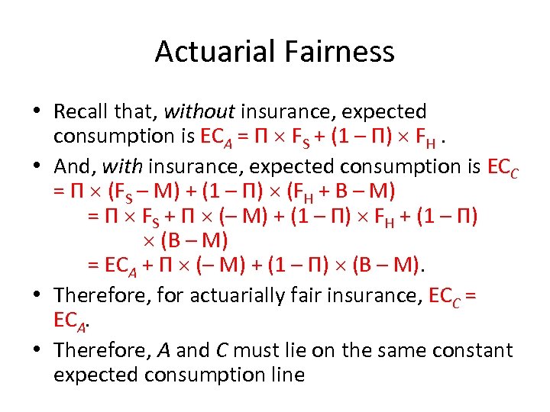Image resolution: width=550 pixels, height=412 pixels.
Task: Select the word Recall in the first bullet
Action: pos(80,111)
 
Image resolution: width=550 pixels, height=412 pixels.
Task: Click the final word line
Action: pos(288,375)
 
